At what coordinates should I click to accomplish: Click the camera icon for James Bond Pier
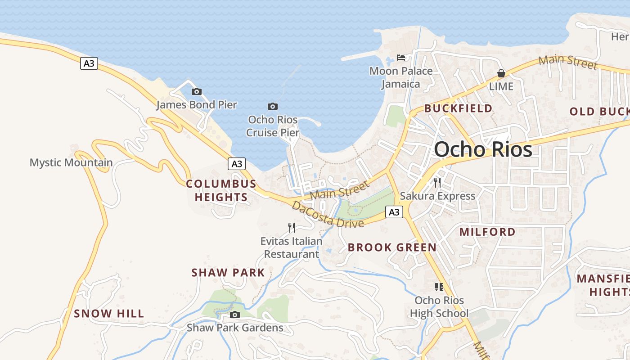pos(197,92)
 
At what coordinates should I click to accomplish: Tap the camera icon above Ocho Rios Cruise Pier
pos(272,107)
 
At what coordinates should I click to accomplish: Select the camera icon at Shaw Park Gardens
pos(234,315)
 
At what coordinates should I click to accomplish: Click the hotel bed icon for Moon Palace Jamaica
pos(401,58)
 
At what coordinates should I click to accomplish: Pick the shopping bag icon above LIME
pos(501,73)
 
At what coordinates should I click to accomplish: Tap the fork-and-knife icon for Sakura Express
pos(437,182)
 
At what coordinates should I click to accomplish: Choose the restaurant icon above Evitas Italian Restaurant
pos(292,228)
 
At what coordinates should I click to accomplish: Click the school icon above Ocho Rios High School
pos(439,287)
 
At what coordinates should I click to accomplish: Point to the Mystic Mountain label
pos(71,162)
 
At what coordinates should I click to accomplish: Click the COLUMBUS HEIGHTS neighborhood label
pos(221,190)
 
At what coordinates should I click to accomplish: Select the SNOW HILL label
pos(109,314)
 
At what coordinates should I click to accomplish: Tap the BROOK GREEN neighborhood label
pos(392,247)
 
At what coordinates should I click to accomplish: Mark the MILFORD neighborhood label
pos(487,232)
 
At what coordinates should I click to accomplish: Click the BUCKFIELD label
pos(458,108)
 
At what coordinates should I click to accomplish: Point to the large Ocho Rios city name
pos(483,149)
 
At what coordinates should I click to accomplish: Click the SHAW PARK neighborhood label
pos(228,273)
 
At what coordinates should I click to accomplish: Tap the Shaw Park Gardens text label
pos(235,328)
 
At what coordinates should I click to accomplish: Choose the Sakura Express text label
pos(437,196)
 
